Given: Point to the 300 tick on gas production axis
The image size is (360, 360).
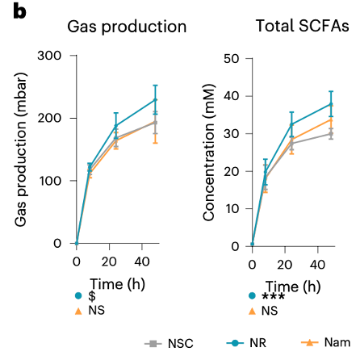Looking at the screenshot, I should click(x=51, y=56).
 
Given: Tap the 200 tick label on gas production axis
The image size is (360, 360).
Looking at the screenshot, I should click(x=51, y=118).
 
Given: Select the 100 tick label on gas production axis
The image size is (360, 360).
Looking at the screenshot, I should click(x=51, y=180).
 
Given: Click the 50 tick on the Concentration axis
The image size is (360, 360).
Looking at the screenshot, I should click(x=232, y=57).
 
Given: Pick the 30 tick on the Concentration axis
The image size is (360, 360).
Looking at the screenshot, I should click(x=232, y=132).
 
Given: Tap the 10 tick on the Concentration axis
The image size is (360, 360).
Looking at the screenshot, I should click(x=232, y=207).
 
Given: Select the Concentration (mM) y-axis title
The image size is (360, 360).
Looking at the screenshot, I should click(x=208, y=149).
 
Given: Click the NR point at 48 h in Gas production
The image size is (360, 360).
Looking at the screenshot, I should click(x=155, y=99).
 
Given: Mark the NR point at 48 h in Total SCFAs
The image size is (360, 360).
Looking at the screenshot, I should click(x=331, y=103).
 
